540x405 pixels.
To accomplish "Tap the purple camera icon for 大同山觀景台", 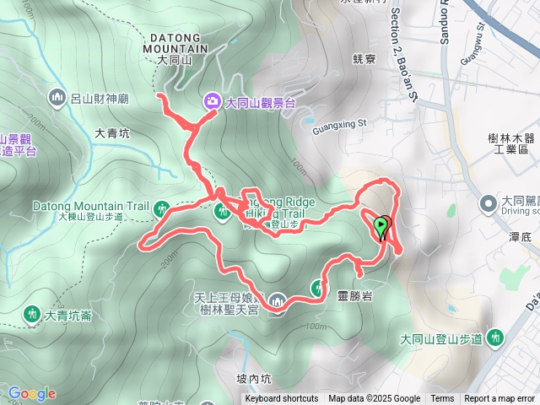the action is coord(210,101).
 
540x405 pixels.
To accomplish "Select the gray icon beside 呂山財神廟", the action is coord(57,97).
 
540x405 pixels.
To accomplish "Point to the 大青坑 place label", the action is coord(112,132).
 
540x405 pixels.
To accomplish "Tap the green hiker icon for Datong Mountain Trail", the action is coord(160,207).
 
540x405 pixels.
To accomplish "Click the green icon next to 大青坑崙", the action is coord(33,316).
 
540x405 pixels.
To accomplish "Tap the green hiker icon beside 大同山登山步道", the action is coord(494,338).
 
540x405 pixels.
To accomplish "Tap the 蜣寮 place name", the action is coord(364,58).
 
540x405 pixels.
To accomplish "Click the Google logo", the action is coord(32,393).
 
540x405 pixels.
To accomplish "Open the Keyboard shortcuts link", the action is coord(282,399).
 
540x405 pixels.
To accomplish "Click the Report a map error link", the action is coord(499,399).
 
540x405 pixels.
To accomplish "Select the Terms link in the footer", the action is coord(442,399).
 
